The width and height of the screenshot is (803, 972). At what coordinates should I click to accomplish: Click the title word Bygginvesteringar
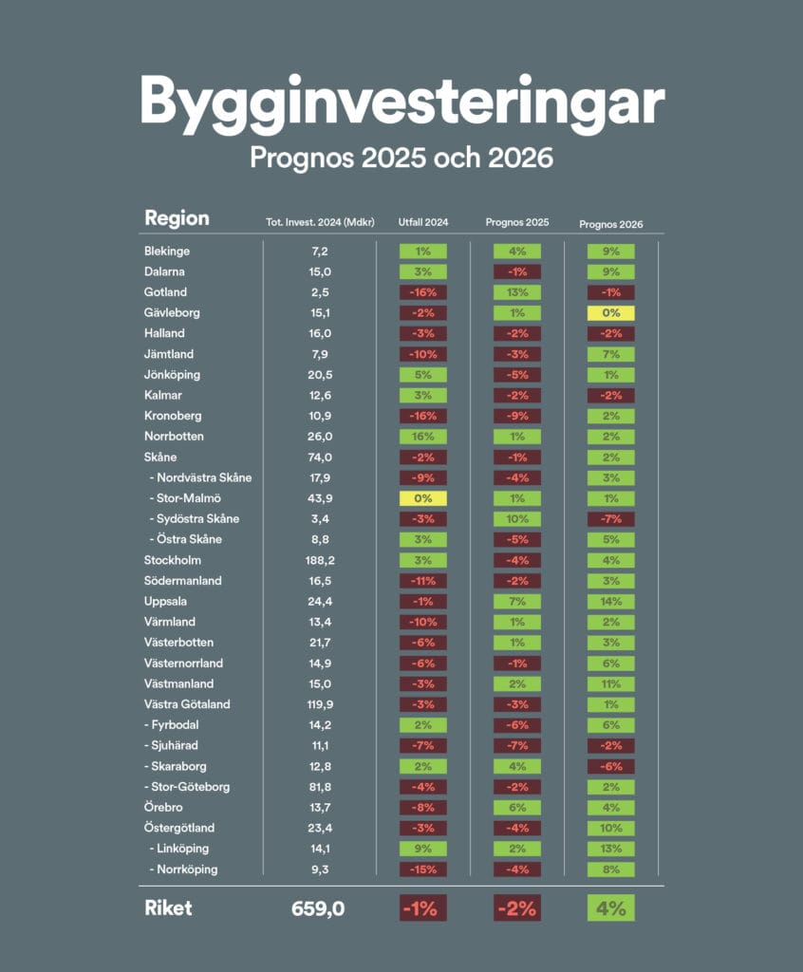tap(401, 103)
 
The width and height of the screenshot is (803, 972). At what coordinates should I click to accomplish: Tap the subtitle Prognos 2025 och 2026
tap(401, 158)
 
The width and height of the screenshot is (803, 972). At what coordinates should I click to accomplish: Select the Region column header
tap(177, 218)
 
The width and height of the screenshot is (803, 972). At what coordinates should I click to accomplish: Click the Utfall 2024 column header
tap(423, 223)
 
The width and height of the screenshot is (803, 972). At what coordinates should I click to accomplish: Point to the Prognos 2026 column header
tap(611, 225)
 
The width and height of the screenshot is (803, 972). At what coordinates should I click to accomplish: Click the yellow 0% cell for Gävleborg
tap(611, 313)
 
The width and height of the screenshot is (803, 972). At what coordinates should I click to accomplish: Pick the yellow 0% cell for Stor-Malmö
tap(423, 498)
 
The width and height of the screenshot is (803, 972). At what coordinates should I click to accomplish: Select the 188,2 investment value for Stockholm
tap(318, 561)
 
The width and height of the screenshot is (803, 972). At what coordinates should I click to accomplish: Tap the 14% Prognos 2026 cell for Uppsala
tap(611, 602)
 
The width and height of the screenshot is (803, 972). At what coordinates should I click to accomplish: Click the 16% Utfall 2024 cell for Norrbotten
tap(423, 437)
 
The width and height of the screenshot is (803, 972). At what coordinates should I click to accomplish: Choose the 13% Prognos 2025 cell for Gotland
tap(517, 292)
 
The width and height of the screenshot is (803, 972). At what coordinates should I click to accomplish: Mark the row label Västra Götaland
tap(187, 704)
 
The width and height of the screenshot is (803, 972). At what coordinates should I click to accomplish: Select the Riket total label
tap(168, 908)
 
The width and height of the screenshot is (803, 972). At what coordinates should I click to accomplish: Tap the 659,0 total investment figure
tap(318, 908)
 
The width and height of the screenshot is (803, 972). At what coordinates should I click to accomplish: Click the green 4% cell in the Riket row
tap(611, 908)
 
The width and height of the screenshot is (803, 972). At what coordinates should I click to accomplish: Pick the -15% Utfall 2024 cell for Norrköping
tap(423, 869)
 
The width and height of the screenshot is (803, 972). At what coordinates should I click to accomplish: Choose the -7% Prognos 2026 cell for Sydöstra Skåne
tap(611, 519)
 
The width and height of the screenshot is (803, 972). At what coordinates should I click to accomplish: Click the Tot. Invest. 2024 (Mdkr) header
tap(320, 223)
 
